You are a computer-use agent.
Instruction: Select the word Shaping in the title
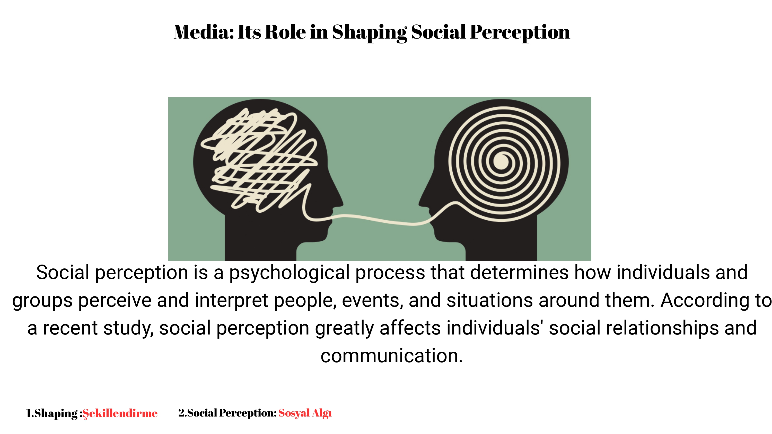369,33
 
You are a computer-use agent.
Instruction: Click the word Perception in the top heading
520,33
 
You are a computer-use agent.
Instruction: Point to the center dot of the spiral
501,162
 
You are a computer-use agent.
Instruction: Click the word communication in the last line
392,356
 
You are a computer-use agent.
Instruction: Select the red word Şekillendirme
120,413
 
